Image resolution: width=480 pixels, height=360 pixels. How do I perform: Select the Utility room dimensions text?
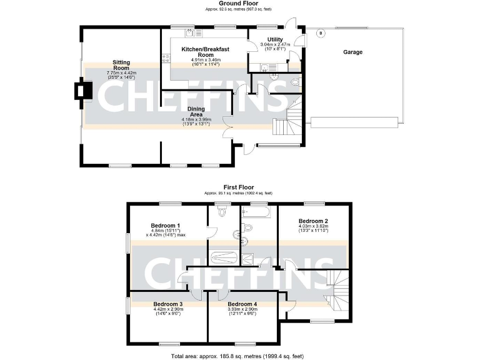pos(274,46)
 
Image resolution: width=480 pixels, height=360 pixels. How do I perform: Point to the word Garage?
pos(352,52)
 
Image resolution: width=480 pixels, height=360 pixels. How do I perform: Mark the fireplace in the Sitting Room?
pos(82,91)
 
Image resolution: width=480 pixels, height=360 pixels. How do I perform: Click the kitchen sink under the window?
pos(188,32)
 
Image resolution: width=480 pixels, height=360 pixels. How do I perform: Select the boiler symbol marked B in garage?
pos(321,32)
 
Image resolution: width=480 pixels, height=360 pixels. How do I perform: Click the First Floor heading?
pos(239,187)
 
